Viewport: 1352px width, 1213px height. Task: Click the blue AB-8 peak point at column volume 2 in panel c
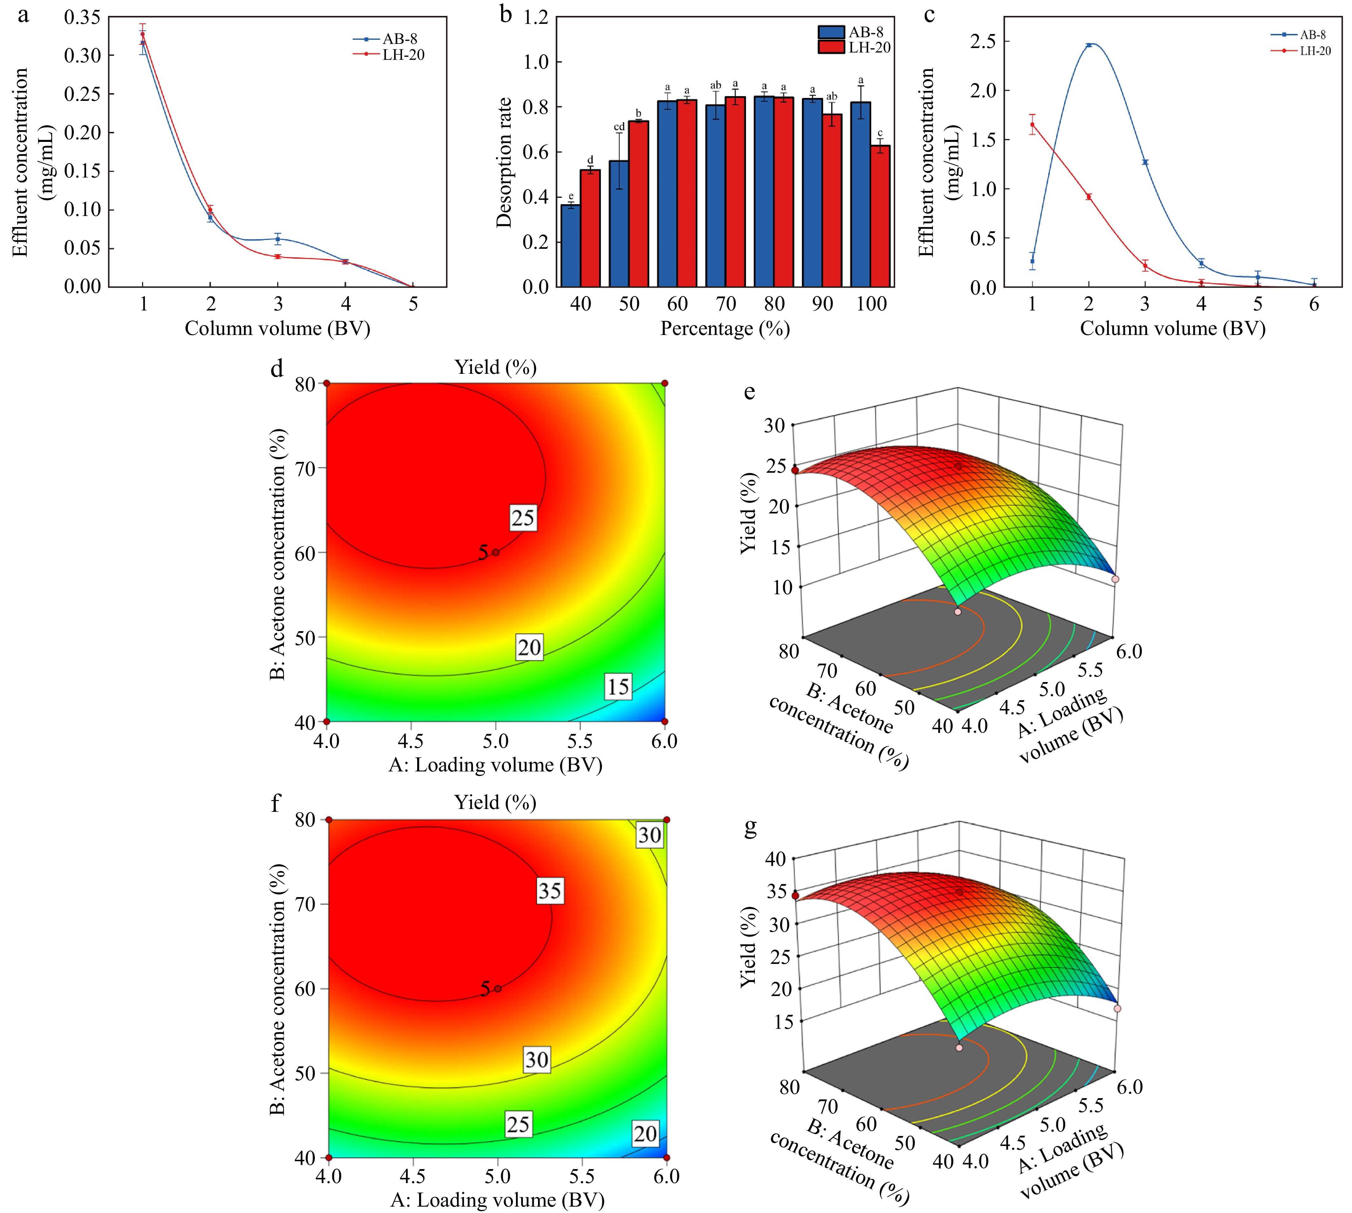[x=1089, y=45]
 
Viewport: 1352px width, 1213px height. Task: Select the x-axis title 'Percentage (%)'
[x=725, y=329]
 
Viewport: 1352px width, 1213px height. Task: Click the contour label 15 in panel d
[x=617, y=687]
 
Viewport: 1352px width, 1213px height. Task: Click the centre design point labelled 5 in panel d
[x=495, y=552]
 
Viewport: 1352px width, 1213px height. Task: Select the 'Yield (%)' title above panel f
[x=495, y=802]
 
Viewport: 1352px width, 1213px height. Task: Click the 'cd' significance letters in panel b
[x=619, y=127]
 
